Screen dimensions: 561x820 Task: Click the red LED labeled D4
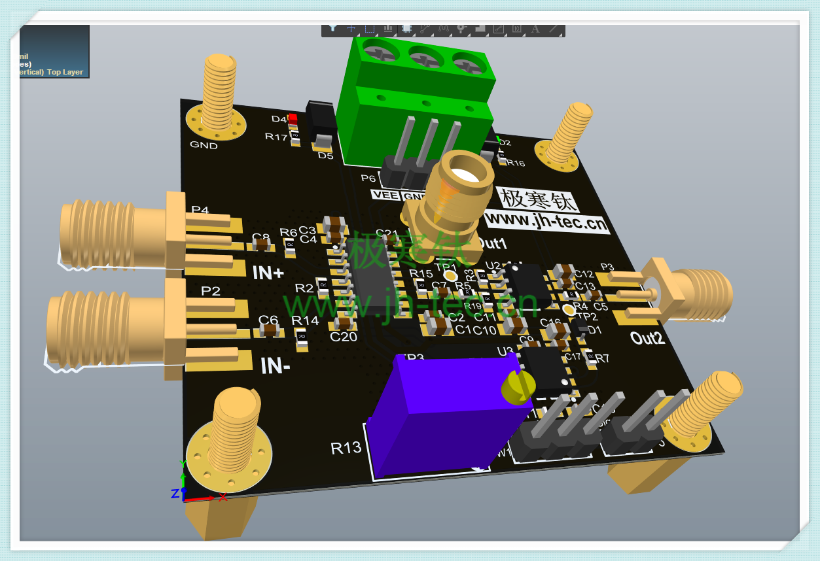pyautogui.click(x=293, y=118)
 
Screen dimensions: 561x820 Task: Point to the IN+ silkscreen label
pyautogui.click(x=268, y=273)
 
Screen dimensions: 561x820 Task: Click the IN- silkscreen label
pyautogui.click(x=275, y=366)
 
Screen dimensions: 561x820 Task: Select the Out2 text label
pyautogui.click(x=647, y=338)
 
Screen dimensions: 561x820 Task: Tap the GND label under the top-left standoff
pyautogui.click(x=204, y=145)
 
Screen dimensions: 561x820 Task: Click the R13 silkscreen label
pyautogui.click(x=346, y=448)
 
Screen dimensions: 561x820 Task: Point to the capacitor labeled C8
pyautogui.click(x=262, y=245)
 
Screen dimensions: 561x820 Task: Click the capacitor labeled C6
pyautogui.click(x=269, y=330)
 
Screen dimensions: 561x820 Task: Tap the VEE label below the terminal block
pyautogui.click(x=385, y=194)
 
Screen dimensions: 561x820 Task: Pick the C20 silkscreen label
pyautogui.click(x=343, y=337)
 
